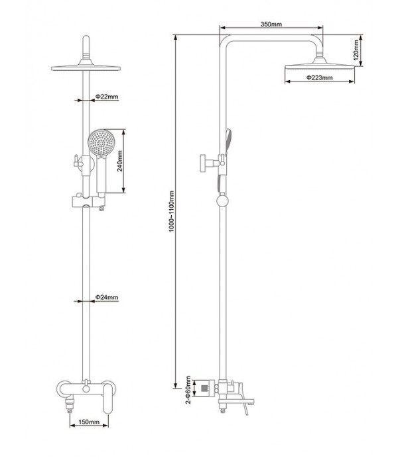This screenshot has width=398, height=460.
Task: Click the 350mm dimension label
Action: pyautogui.click(x=271, y=24)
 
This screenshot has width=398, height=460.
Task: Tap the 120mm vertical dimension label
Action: pyautogui.click(x=357, y=48)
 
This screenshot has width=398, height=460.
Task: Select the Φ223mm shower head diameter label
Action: pyautogui.click(x=320, y=78)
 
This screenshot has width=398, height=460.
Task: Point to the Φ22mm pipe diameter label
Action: pyautogui.click(x=106, y=97)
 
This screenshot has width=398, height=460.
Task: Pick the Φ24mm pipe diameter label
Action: pyautogui.click(x=106, y=297)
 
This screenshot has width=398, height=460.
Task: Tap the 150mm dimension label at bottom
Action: pyautogui.click(x=89, y=421)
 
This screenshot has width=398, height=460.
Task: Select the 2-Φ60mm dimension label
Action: pyautogui.click(x=188, y=390)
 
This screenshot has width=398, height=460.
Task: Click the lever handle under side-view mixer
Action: pyautogui.click(x=246, y=411)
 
